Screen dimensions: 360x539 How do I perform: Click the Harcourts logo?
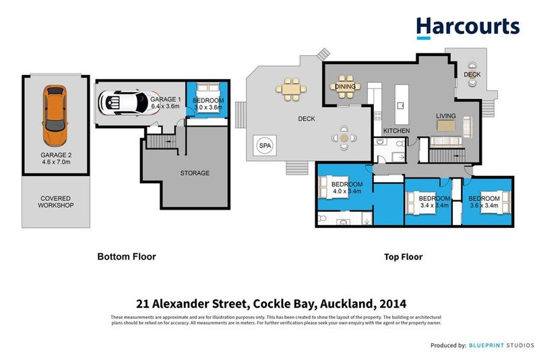[x=468, y=27]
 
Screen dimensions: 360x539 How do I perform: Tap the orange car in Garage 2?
[x=55, y=116]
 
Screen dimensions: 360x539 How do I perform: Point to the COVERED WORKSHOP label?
[x=55, y=201]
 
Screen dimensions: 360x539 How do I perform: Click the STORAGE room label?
[x=195, y=173]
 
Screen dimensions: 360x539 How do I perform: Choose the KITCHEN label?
[x=397, y=130]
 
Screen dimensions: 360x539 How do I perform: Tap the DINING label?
[x=345, y=87]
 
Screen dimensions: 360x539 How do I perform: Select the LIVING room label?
[x=445, y=116]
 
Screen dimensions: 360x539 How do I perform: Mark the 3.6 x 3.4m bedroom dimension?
[x=484, y=206]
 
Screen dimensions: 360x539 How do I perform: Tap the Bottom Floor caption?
[x=127, y=256]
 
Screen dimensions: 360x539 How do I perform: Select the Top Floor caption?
[x=402, y=256]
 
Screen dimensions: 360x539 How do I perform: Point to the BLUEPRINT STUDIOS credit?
[x=498, y=345]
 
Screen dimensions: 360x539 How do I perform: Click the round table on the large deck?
[x=344, y=137]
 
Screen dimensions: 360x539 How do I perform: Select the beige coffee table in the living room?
[x=446, y=125]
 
